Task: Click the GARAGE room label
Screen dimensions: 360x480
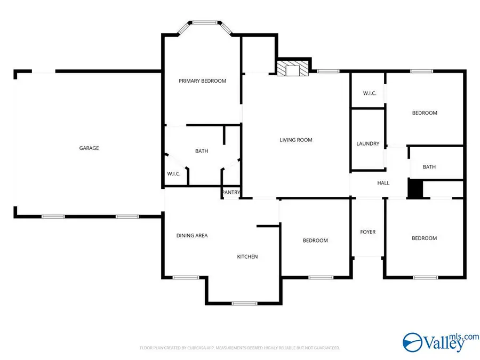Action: point(89,148)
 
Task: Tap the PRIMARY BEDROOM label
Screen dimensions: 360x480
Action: point(202,81)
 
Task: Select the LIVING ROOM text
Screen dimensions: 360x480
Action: point(296,140)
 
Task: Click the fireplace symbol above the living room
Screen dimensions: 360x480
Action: point(293,70)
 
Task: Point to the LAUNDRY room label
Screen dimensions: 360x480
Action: point(368,144)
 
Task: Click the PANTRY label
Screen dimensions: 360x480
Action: point(231,193)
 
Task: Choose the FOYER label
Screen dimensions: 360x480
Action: point(368,232)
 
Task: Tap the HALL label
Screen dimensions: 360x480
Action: point(383,183)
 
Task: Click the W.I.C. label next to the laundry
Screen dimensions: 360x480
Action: point(370,93)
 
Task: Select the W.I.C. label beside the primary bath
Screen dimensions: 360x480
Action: point(174,174)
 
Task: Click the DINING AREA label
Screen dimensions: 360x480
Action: point(192,236)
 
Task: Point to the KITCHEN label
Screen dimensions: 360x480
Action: point(247,257)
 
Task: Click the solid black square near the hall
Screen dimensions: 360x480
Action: point(415,189)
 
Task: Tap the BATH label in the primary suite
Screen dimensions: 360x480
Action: point(202,151)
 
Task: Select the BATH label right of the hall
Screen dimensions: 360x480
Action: point(429,167)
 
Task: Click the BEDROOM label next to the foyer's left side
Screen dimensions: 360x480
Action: point(315,241)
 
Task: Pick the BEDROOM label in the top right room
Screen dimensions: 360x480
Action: point(425,113)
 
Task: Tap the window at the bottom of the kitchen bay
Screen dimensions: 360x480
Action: point(244,303)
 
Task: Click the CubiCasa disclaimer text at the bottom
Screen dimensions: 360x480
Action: point(240,348)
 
